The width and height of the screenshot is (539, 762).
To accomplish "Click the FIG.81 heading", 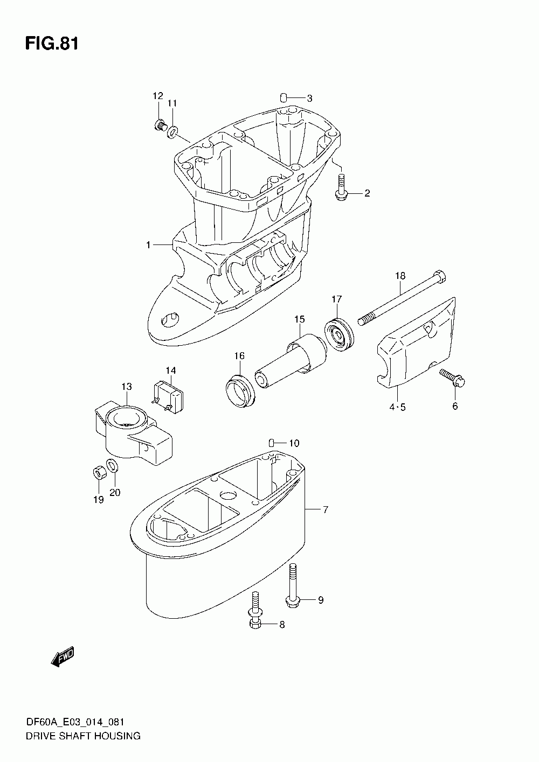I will pyautogui.click(x=52, y=44).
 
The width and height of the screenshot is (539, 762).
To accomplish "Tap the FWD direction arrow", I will pyautogui.click(x=63, y=658).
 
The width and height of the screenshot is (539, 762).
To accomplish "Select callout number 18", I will pyautogui.click(x=399, y=276).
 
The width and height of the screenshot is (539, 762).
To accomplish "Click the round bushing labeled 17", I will pyautogui.click(x=340, y=335).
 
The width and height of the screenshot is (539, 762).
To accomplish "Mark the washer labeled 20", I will pyautogui.click(x=112, y=465).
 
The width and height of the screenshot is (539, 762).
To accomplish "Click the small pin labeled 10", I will pyautogui.click(x=273, y=443).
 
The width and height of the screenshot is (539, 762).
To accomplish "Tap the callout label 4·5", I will pyautogui.click(x=397, y=407).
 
